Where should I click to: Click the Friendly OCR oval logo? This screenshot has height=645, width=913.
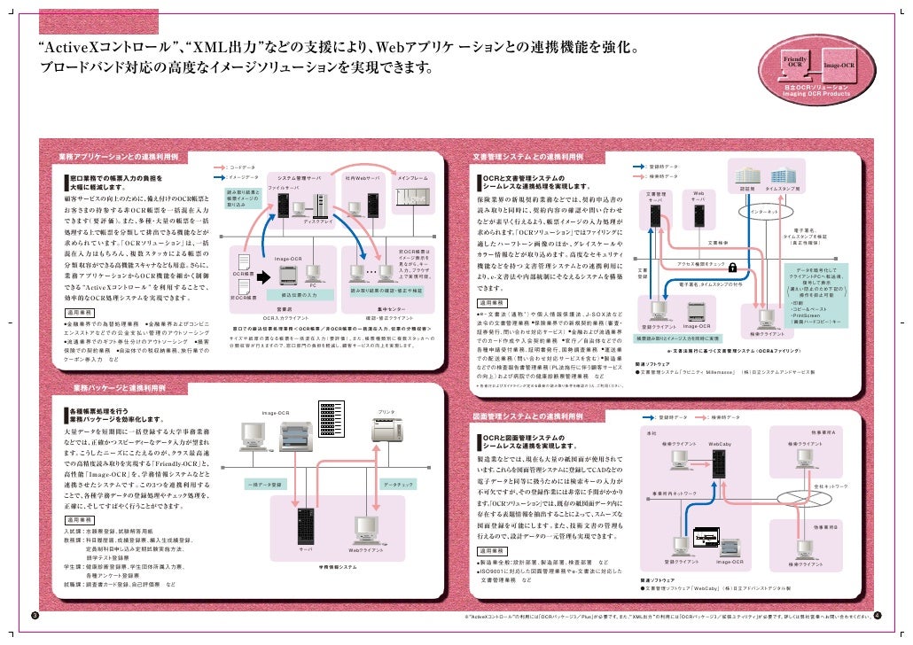point(795,62)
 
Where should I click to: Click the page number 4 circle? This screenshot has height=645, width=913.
point(877,616)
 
